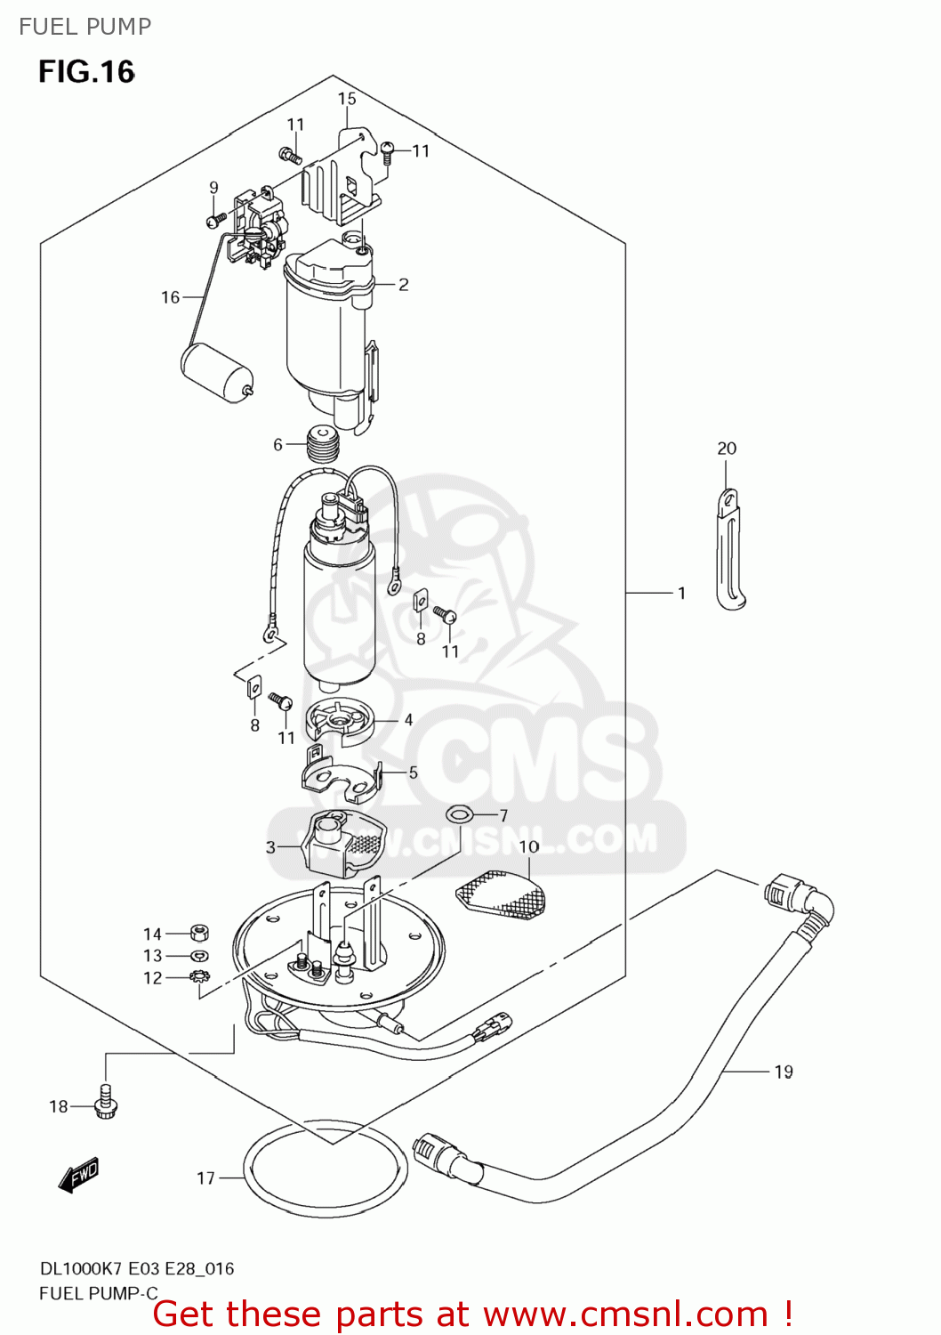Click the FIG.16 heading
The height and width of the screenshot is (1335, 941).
[86, 71]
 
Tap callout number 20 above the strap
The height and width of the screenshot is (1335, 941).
[727, 449]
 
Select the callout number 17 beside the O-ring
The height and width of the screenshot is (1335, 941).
[205, 1178]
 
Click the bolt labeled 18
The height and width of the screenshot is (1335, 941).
[106, 1103]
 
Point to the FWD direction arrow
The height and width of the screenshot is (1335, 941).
[78, 1174]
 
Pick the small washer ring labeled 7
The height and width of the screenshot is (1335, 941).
[459, 813]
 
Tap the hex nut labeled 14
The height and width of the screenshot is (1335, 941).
[199, 933]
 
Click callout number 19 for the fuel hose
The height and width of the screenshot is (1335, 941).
[783, 1072]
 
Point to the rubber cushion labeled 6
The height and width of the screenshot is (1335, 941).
[323, 444]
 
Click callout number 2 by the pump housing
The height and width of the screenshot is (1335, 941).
[403, 285]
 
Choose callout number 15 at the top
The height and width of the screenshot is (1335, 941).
[346, 99]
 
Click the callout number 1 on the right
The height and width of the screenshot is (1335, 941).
[681, 593]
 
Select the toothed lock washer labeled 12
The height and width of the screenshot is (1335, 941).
[199, 977]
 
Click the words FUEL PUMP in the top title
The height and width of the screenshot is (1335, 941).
[85, 27]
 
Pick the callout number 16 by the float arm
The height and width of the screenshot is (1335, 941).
[170, 297]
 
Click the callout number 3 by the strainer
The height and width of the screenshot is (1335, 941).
[270, 847]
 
